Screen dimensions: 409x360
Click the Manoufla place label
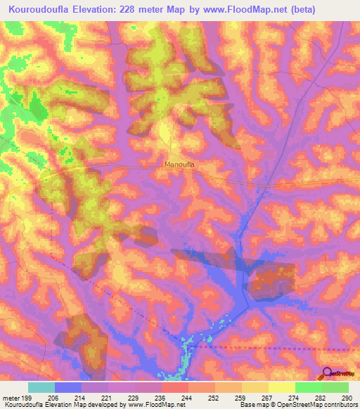pyautogui.click(x=179, y=164)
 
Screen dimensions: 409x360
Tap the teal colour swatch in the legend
pyautogui.click(x=41, y=387)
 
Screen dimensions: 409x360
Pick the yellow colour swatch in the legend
pyautogui.click(x=282, y=387)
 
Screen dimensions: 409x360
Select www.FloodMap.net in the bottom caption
pyautogui.click(x=150, y=405)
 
